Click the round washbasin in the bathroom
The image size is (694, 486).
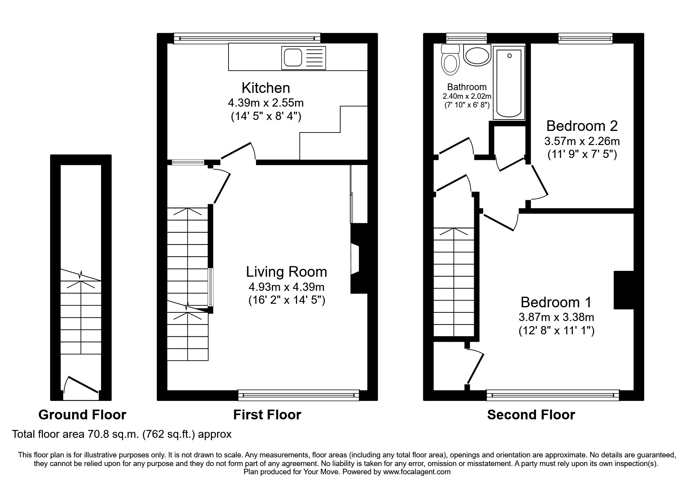pyautogui.click(x=477, y=55)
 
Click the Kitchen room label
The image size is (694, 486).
pyautogui.click(x=266, y=88)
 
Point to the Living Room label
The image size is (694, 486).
pyautogui.click(x=286, y=272)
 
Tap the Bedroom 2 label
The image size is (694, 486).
pyautogui.click(x=582, y=126)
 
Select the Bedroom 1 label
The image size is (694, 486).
pyautogui.click(x=556, y=302)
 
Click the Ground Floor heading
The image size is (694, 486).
pyautogui.click(x=82, y=415)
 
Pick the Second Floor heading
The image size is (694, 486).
pyautogui.click(x=531, y=415)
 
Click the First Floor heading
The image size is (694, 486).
pyautogui.click(x=267, y=415)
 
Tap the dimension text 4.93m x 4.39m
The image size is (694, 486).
pyautogui.click(x=286, y=287)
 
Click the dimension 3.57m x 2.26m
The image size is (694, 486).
pyautogui.click(x=582, y=141)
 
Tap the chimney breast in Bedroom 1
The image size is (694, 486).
pyautogui.click(x=623, y=290)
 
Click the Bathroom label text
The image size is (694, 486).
pyautogui.click(x=467, y=87)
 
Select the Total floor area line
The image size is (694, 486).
pyautogui.click(x=122, y=434)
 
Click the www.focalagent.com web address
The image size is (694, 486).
pyautogui.click(x=417, y=472)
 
